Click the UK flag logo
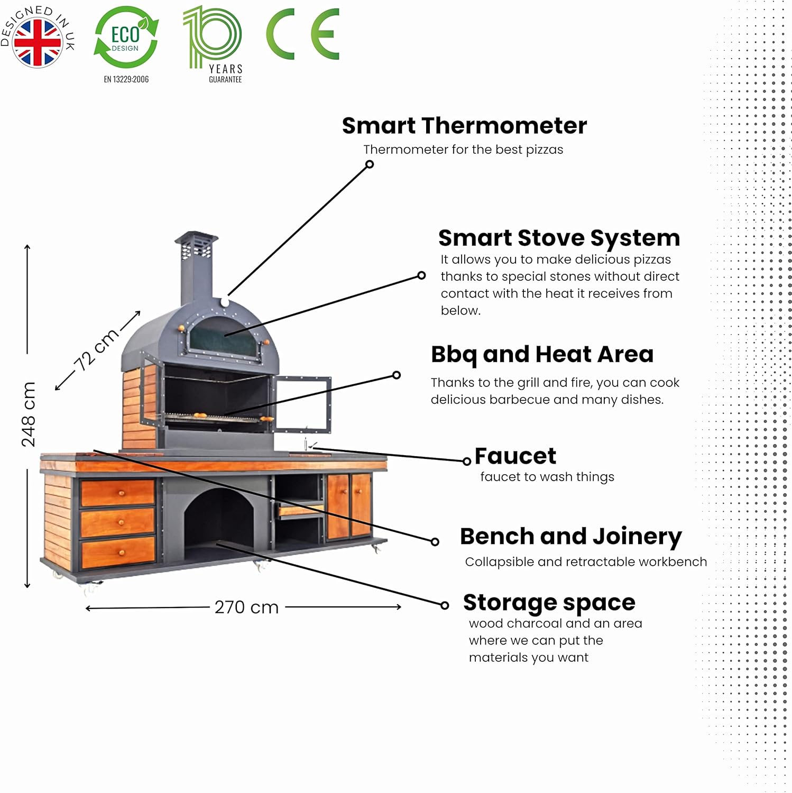[x=37, y=42]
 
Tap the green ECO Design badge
[x=126, y=38]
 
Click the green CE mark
[x=302, y=34]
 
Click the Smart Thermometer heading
[x=464, y=126]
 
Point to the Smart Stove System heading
[x=559, y=238]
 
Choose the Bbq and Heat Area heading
[x=542, y=354]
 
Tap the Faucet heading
[x=515, y=456]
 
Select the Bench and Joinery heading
[x=571, y=536]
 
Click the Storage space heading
[x=549, y=602]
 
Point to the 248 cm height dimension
[x=29, y=414]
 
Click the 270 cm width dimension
[x=246, y=607]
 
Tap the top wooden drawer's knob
[x=121, y=493]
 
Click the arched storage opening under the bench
[x=219, y=518]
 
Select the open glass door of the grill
[x=302, y=404]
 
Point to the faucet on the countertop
[x=306, y=444]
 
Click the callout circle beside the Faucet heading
[x=466, y=462]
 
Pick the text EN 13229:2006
[x=126, y=79]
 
